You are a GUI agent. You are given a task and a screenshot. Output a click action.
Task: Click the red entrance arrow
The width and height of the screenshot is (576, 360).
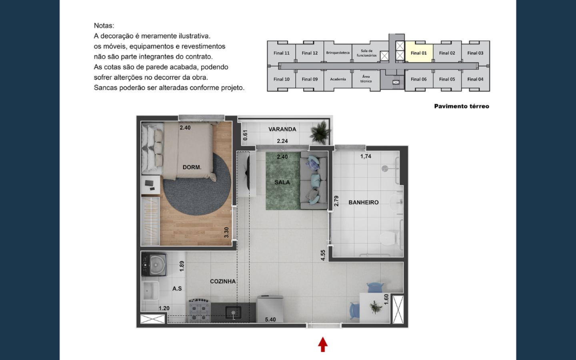323,344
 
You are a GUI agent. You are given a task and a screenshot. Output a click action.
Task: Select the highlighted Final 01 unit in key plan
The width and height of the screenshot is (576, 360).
419,52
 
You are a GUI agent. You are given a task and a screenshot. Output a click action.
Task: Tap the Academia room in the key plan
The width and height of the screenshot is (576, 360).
338,79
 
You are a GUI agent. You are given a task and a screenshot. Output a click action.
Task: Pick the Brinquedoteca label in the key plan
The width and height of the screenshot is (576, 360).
338,53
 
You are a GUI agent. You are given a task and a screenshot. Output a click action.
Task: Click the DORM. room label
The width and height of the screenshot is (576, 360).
192,167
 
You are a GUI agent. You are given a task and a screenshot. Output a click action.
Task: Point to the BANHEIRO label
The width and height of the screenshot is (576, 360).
363,203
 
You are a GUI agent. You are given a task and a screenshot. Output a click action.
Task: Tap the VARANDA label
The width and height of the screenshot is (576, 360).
282,129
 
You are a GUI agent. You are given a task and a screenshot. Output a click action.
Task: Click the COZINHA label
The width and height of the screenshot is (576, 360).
223,281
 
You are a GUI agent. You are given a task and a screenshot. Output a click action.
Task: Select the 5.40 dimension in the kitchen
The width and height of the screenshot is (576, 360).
270,319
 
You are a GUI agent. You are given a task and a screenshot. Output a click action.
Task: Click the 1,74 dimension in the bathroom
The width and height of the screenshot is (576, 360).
366,156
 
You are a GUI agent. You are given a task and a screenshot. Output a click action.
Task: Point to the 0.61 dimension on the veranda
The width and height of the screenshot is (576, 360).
245,135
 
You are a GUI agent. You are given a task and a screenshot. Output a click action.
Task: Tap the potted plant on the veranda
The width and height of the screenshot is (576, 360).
320,132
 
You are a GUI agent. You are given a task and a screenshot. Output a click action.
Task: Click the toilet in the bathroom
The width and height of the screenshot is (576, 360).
390,238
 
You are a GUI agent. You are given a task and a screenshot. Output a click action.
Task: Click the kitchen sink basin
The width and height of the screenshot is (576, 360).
233,312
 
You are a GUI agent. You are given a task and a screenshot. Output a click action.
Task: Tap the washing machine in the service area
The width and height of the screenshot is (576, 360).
154,264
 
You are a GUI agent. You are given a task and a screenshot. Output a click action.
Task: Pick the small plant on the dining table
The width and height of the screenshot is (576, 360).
376,307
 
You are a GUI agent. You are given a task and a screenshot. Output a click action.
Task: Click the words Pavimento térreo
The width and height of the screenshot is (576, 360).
462,106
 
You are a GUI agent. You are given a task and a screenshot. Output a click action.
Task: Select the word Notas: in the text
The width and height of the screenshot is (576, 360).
104,26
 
